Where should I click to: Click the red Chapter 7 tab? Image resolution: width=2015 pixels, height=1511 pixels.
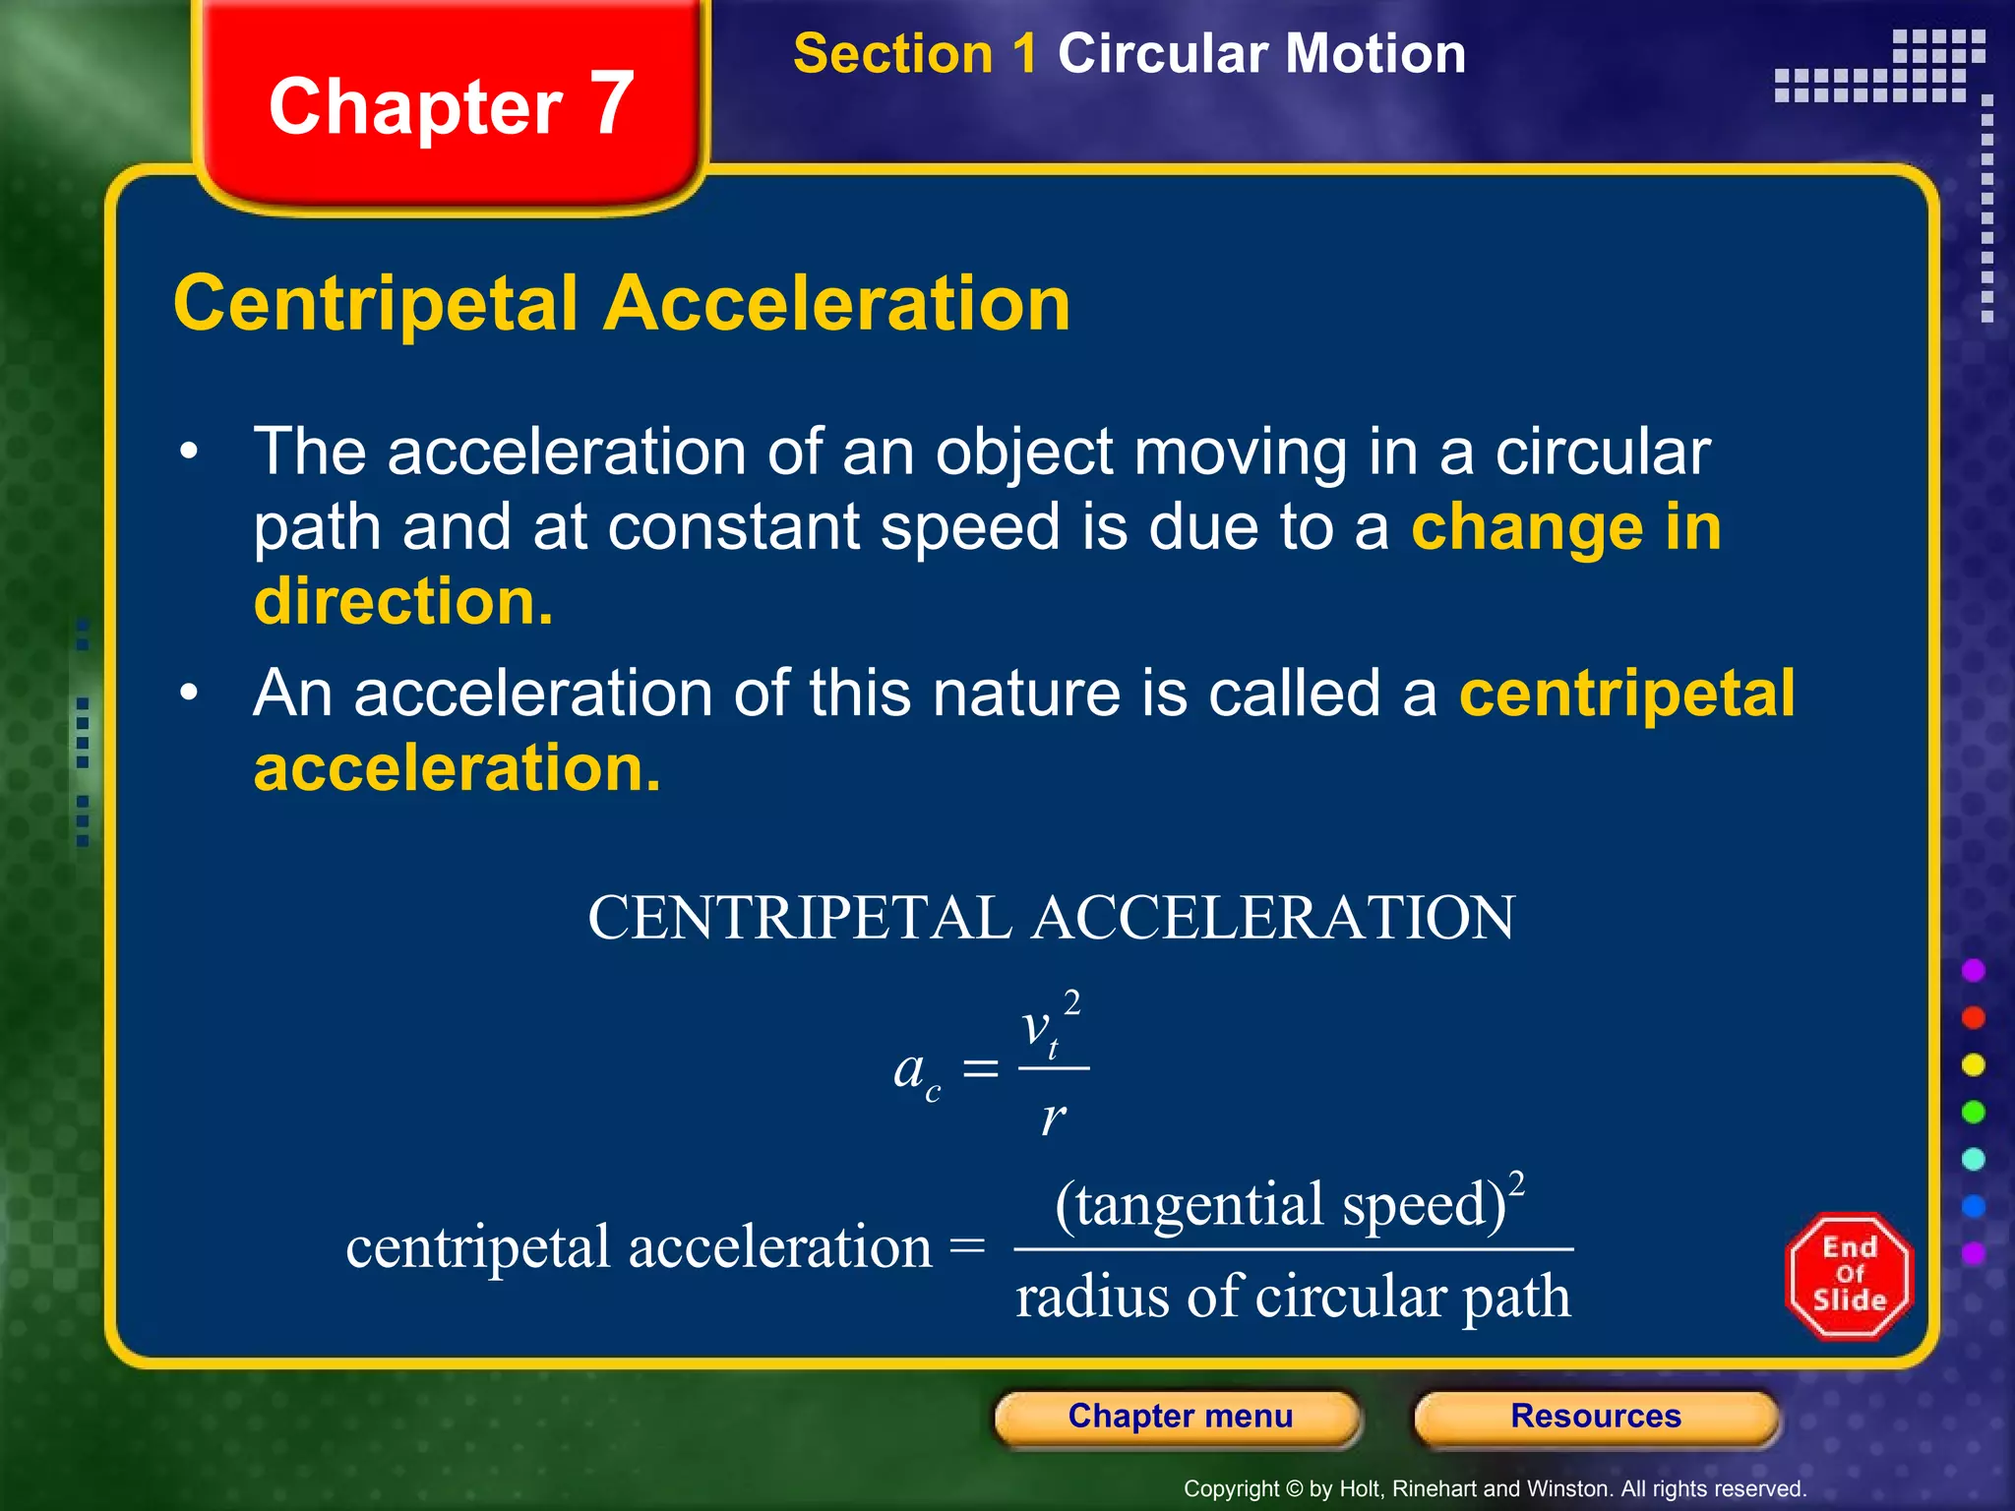tap(451, 105)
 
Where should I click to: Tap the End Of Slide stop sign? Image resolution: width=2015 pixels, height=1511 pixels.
tap(1849, 1276)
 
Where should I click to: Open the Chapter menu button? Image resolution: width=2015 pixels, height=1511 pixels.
tap(1179, 1418)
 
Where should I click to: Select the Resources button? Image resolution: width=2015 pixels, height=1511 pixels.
tap(1595, 1418)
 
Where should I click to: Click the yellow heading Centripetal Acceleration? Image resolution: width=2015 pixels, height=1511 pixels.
tap(621, 304)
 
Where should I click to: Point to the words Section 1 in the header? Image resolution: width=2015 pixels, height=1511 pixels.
tap(914, 54)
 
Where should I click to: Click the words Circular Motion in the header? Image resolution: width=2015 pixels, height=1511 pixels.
tap(1261, 54)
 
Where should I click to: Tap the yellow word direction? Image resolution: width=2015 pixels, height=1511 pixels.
tap(403, 602)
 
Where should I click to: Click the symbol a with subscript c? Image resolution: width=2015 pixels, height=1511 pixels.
tap(915, 1072)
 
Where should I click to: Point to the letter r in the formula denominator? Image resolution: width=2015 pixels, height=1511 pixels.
tap(1053, 1118)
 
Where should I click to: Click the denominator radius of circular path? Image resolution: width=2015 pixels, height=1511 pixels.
tap(1293, 1297)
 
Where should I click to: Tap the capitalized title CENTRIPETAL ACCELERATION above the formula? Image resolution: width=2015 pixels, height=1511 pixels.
tap(1051, 918)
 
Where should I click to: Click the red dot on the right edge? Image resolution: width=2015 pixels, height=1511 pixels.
tap(1973, 1018)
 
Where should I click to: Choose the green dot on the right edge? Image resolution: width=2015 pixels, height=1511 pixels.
tap(1973, 1113)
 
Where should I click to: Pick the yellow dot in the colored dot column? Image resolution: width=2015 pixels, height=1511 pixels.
tap(1973, 1065)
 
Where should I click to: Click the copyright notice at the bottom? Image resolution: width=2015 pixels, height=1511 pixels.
tap(1495, 1489)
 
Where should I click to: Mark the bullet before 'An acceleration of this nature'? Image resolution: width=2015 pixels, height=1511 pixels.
tap(189, 694)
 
